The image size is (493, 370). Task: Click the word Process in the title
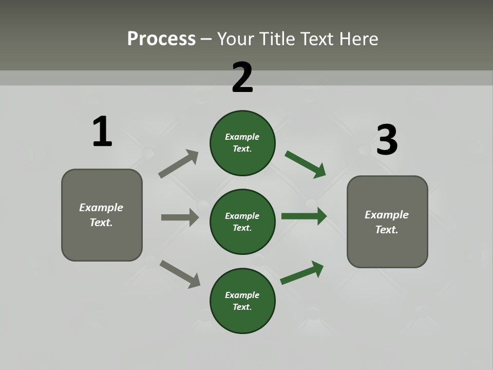coord(161,39)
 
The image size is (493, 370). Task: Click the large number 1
coord(102,132)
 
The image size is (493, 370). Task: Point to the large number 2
coord(242,78)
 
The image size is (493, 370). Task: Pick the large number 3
coord(387,140)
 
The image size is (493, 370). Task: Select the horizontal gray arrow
coord(180,217)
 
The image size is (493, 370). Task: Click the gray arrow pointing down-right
coord(180,273)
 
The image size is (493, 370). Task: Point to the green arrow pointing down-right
coord(306,164)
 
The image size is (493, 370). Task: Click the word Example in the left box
coord(101,208)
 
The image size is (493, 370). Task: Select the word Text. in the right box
coord(387,230)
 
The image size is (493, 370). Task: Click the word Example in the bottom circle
coord(242,295)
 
